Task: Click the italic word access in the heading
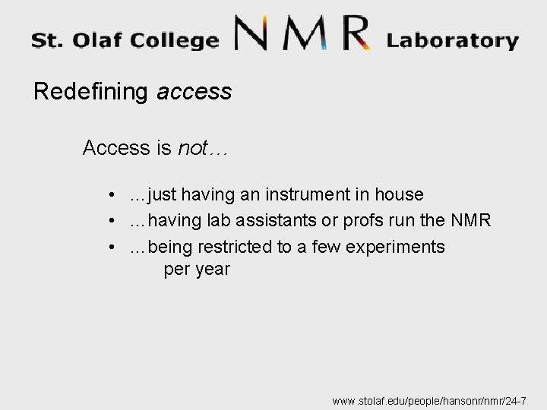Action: [x=194, y=93]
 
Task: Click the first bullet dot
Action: [x=112, y=196]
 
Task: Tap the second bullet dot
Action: [x=112, y=222]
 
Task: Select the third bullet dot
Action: [x=112, y=248]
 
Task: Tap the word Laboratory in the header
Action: [x=452, y=40]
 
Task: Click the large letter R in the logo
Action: [x=351, y=35]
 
